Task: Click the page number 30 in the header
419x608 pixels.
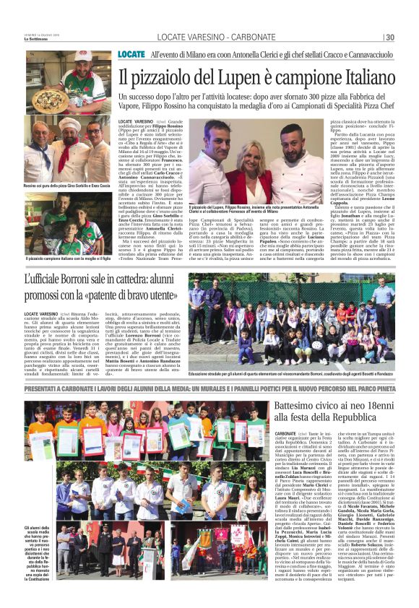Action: (x=389, y=38)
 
